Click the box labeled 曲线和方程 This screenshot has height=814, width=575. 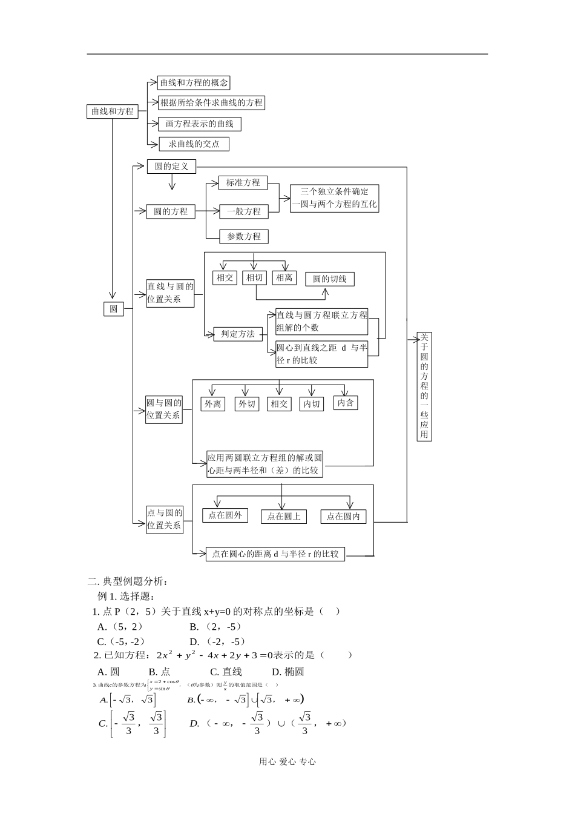click(113, 111)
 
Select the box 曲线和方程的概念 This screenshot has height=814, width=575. click(194, 83)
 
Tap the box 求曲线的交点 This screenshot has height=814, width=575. click(194, 144)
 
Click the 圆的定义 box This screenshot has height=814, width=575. click(171, 167)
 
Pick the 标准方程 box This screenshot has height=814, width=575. click(243, 183)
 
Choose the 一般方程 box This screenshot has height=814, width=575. click(243, 211)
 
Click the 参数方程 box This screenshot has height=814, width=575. click(243, 236)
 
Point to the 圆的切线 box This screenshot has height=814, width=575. click(329, 279)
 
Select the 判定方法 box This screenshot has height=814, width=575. click(238, 334)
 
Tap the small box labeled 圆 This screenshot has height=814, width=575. click(113, 309)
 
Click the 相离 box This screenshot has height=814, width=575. click(283, 277)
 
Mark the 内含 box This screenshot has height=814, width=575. click(346, 403)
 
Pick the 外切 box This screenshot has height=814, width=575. click(246, 404)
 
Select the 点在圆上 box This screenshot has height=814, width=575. click(284, 517)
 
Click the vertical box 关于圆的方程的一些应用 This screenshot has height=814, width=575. click(424, 386)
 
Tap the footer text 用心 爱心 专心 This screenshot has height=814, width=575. click(287, 762)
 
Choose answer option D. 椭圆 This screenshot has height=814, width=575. click(287, 671)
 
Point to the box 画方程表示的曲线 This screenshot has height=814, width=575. click(199, 124)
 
